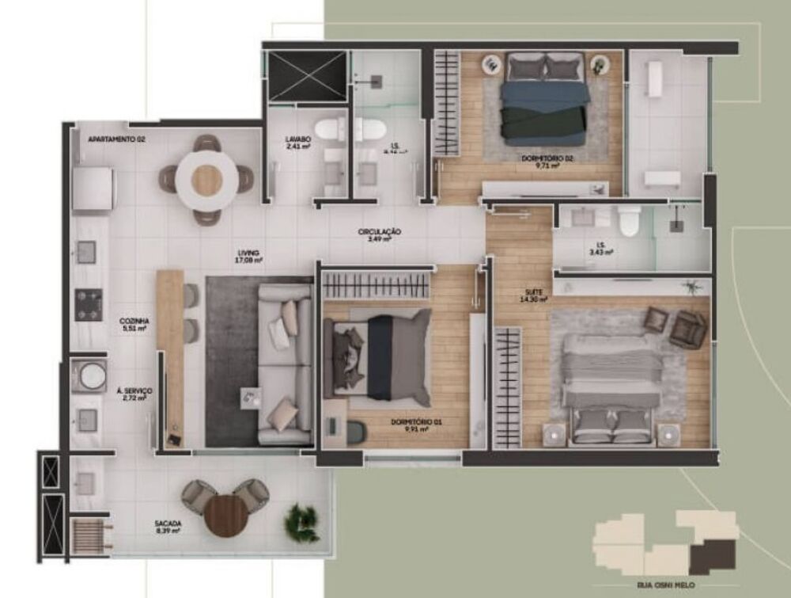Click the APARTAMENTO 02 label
116,139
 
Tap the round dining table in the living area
206,180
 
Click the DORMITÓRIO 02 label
547,159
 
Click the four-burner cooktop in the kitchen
89,305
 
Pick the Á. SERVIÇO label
134,392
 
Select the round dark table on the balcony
226,516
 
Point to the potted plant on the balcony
302,518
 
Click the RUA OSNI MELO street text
666,586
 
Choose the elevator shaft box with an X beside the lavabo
307,76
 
